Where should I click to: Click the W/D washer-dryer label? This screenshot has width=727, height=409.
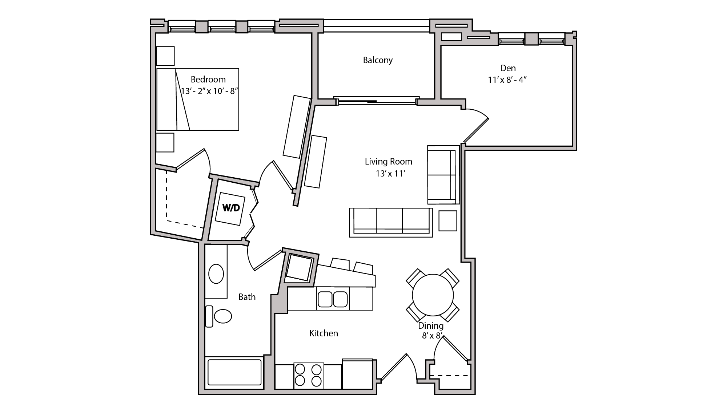231,208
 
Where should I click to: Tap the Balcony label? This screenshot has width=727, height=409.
378,60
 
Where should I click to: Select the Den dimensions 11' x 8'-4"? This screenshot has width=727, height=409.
507,80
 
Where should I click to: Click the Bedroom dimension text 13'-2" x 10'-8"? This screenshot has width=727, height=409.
209,91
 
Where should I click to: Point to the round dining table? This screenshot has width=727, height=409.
433,295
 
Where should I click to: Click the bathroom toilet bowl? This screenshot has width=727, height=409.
222,316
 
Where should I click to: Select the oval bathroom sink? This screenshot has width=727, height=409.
216,274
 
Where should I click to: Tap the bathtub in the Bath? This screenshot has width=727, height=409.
234,372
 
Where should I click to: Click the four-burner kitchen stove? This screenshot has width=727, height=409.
308,375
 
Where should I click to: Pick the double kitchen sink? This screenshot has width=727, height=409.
333,299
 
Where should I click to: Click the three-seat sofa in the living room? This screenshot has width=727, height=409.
391,222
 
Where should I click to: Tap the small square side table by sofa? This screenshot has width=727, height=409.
447,220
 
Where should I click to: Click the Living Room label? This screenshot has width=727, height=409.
388,161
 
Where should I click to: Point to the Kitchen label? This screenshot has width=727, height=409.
324,333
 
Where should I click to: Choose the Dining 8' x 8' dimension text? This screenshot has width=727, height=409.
431,336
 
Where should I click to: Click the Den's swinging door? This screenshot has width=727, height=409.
476,130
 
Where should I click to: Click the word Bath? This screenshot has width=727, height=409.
247,297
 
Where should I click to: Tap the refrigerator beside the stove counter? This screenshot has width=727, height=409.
357,374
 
